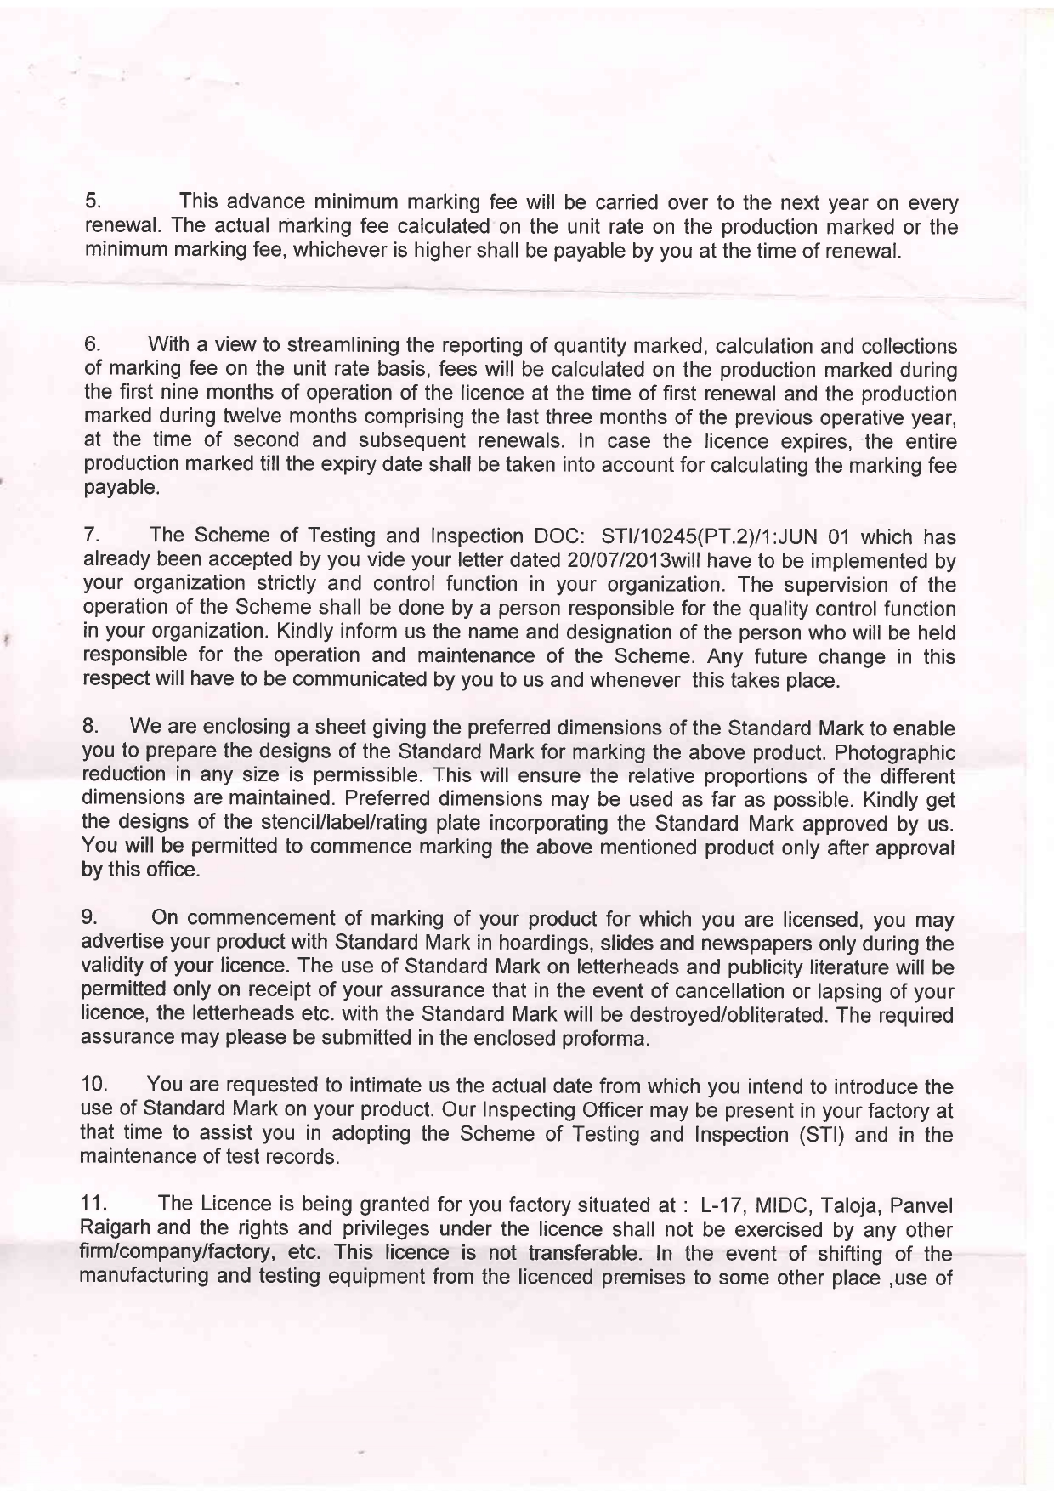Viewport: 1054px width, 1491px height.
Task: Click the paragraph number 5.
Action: [x=93, y=203]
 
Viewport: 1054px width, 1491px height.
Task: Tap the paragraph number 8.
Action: [x=92, y=728]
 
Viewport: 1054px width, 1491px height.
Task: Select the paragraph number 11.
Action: [x=95, y=1205]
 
